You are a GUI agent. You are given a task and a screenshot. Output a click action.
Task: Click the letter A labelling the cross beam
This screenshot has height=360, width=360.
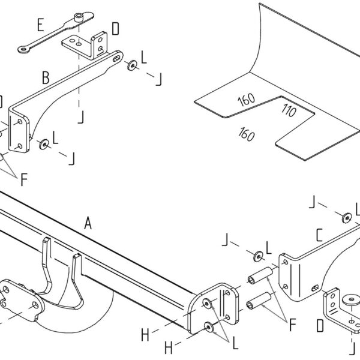click(x=88, y=223)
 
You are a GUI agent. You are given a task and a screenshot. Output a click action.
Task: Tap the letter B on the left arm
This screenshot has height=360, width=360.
click(x=46, y=77)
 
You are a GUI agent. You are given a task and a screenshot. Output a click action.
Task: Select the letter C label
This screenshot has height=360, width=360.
click(x=319, y=235)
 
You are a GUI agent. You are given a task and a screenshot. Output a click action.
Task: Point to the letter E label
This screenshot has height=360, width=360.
click(x=41, y=25)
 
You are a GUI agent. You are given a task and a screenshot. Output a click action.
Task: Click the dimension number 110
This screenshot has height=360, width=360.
click(x=289, y=110)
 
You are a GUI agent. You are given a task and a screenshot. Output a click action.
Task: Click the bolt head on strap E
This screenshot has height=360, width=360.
click(x=79, y=17)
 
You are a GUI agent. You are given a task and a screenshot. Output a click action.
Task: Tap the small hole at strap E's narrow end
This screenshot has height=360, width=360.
click(x=23, y=49)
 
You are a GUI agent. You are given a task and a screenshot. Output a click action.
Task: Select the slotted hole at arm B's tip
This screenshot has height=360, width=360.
click(x=116, y=58)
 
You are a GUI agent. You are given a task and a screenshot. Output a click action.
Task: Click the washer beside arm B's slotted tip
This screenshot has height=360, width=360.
click(x=132, y=65)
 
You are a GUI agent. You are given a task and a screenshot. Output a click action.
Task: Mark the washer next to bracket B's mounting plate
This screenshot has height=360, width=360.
click(x=44, y=144)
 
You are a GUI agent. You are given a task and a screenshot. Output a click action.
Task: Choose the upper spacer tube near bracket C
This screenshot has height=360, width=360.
click(x=260, y=275)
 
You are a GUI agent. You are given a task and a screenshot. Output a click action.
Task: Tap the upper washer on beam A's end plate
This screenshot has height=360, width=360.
click(x=207, y=304)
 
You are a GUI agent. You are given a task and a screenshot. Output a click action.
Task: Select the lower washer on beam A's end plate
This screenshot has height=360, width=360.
click(x=209, y=327)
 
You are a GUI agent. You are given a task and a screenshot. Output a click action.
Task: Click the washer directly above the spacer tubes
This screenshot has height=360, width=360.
click(x=258, y=256)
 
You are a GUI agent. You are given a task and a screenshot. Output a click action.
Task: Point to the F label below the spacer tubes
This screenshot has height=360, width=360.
click(x=292, y=325)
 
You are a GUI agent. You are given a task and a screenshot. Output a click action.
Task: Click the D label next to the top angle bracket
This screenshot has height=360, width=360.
click(x=115, y=29)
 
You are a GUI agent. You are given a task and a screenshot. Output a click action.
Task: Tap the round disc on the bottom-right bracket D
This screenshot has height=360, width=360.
click(x=351, y=299)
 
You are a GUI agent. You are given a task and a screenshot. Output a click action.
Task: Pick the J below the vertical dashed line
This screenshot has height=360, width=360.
click(x=80, y=116)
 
